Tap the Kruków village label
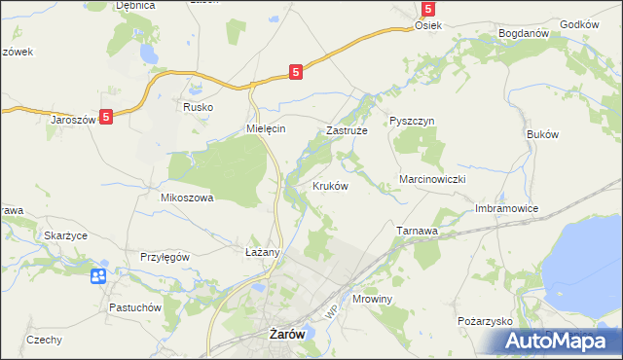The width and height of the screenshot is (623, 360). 330,186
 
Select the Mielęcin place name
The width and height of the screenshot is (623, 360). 265,129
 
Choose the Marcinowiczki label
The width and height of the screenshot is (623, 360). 434,181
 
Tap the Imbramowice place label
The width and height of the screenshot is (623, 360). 506,208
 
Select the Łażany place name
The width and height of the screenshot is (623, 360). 262,252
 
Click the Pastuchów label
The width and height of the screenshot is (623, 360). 135,307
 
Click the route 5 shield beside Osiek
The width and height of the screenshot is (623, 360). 427,8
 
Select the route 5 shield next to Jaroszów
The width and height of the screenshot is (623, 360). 106,116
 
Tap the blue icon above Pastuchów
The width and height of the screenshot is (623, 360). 98,277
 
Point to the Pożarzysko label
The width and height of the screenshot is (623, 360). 484,320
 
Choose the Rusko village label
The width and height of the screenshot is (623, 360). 199,107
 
